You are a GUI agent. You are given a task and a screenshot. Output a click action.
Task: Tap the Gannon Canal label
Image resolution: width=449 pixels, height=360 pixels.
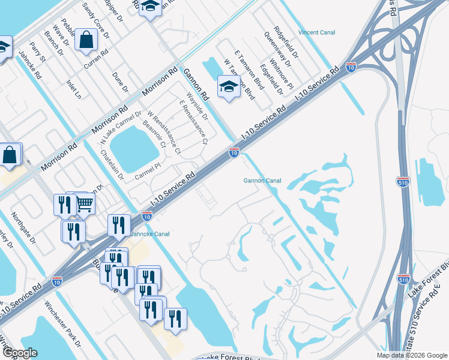coord(262,181)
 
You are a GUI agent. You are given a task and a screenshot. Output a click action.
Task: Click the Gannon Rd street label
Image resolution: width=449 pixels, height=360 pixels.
coord(196,83)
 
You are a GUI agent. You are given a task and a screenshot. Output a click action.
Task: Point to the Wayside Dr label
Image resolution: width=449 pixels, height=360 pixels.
coord(196,106)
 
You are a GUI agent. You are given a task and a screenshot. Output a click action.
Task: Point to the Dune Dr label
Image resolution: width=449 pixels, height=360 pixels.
coord(121,83)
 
